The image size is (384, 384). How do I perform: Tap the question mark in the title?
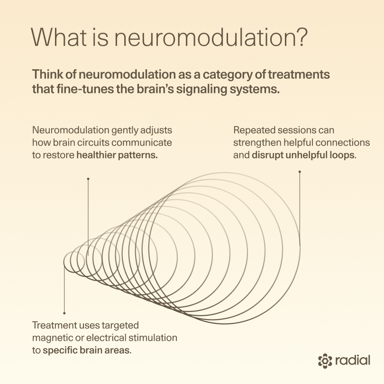298,37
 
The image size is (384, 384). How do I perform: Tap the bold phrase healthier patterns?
117,155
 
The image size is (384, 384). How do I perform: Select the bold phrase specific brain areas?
87,351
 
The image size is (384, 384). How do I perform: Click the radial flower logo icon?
325,360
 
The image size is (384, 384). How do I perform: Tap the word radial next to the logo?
352,360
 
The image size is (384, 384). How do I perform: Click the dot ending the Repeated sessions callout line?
300,172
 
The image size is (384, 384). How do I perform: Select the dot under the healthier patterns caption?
88,179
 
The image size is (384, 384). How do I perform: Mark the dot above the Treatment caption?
64,313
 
